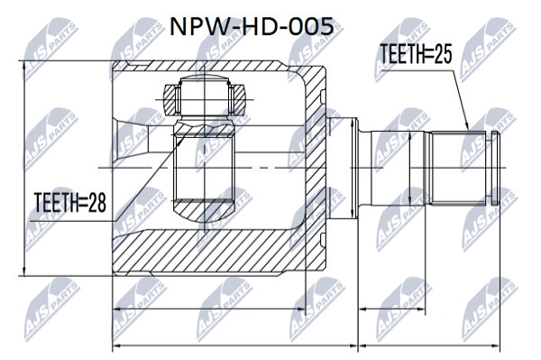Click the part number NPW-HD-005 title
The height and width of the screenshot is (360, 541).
252,27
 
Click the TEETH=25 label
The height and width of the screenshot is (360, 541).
416,53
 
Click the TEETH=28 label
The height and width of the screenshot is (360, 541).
70,202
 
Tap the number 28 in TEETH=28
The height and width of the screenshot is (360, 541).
97,202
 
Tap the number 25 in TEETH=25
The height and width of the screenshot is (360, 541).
443,53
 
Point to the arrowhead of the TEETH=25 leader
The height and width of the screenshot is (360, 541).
467,127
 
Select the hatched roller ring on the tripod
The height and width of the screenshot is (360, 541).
205,100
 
